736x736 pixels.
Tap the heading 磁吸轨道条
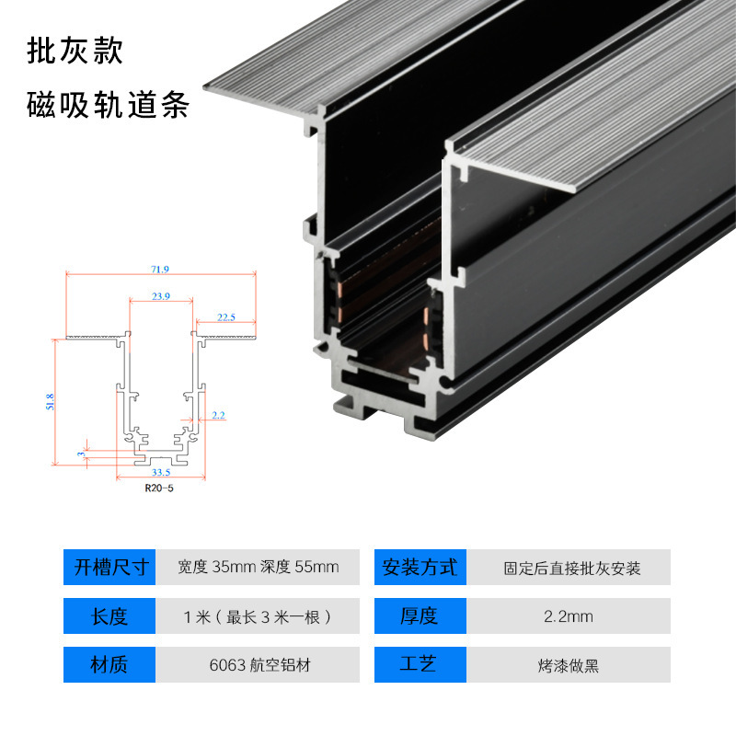click(x=109, y=106)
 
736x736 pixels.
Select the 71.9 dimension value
click(x=160, y=269)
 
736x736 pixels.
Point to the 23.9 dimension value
click(x=161, y=296)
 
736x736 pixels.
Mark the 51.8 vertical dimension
click(x=50, y=401)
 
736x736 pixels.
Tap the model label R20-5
click(x=159, y=489)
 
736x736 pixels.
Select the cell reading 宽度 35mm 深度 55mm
click(x=259, y=567)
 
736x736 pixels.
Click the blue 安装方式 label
click(x=420, y=567)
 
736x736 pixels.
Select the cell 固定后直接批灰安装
click(x=571, y=568)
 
